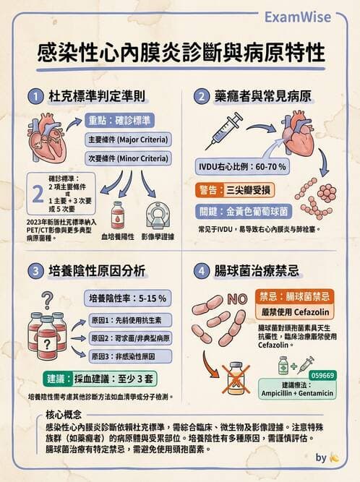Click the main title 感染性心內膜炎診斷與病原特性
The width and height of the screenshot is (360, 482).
tap(181, 53)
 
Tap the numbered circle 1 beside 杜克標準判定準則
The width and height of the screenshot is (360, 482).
tap(35, 95)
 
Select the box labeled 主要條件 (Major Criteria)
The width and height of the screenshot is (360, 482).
tap(127, 139)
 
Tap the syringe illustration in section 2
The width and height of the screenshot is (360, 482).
tap(224, 134)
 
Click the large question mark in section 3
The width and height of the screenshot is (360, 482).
tap(48, 298)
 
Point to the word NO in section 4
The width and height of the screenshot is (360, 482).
tap(237, 298)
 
